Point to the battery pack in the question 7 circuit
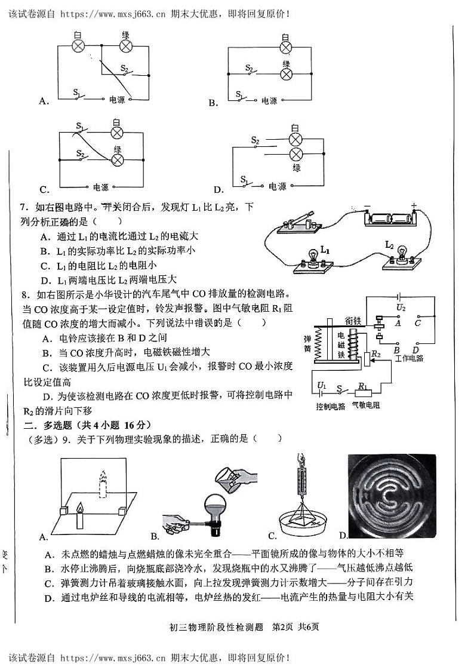pyautogui.click(x=390, y=219)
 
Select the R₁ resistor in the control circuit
pyautogui.click(x=363, y=392)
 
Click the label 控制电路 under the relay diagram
pyautogui.click(x=331, y=406)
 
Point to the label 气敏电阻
pyautogui.click(x=367, y=406)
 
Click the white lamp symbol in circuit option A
pyautogui.click(x=78, y=47)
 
